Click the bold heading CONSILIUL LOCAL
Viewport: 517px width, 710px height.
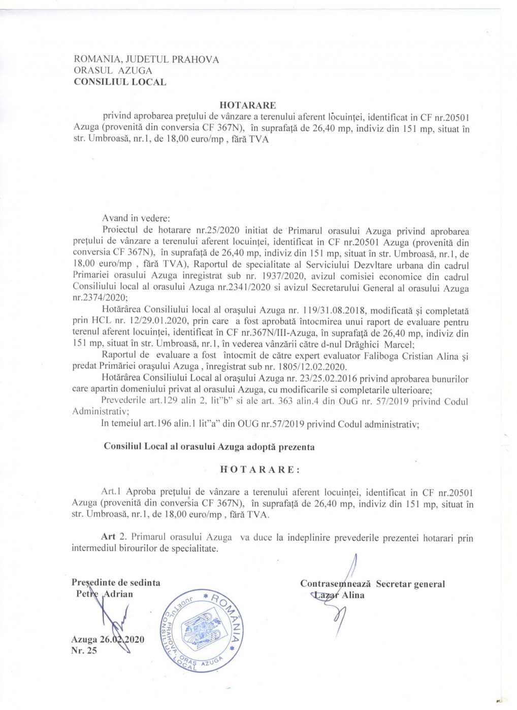pyautogui.click(x=120, y=82)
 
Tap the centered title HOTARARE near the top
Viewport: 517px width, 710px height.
pyautogui.click(x=247, y=105)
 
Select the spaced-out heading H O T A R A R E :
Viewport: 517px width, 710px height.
pyautogui.click(x=260, y=469)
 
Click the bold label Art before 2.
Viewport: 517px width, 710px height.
pyautogui.click(x=108, y=537)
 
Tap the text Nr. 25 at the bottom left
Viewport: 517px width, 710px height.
pyautogui.click(x=84, y=651)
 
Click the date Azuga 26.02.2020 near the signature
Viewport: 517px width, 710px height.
pyautogui.click(x=108, y=640)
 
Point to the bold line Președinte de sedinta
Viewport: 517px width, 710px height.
pyautogui.click(x=116, y=583)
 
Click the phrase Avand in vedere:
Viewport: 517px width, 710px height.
pyautogui.click(x=136, y=219)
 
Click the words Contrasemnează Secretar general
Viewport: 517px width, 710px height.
pyautogui.click(x=372, y=584)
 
